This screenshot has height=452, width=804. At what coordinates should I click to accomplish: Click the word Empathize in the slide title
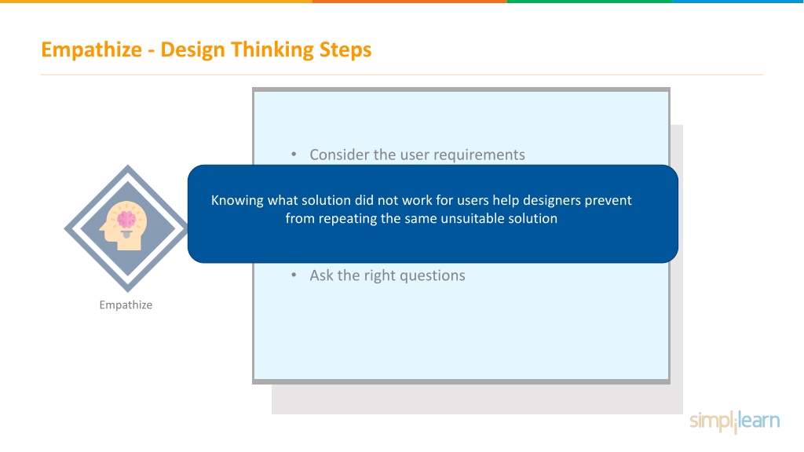[x=91, y=50]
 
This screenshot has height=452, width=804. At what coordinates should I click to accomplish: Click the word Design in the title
[x=192, y=49]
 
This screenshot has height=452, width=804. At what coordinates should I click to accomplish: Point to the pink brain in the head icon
[x=126, y=220]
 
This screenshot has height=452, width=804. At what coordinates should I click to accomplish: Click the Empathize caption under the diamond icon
[x=126, y=305]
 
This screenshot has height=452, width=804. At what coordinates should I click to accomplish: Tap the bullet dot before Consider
[x=294, y=155]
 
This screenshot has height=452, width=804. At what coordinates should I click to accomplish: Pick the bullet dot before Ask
[x=294, y=275]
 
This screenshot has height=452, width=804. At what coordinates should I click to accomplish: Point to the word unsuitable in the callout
[x=472, y=218]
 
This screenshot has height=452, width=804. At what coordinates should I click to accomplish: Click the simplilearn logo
[x=734, y=421]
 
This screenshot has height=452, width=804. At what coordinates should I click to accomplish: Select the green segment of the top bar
[x=590, y=2]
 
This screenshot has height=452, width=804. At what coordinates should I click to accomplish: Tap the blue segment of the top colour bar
[x=738, y=2]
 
